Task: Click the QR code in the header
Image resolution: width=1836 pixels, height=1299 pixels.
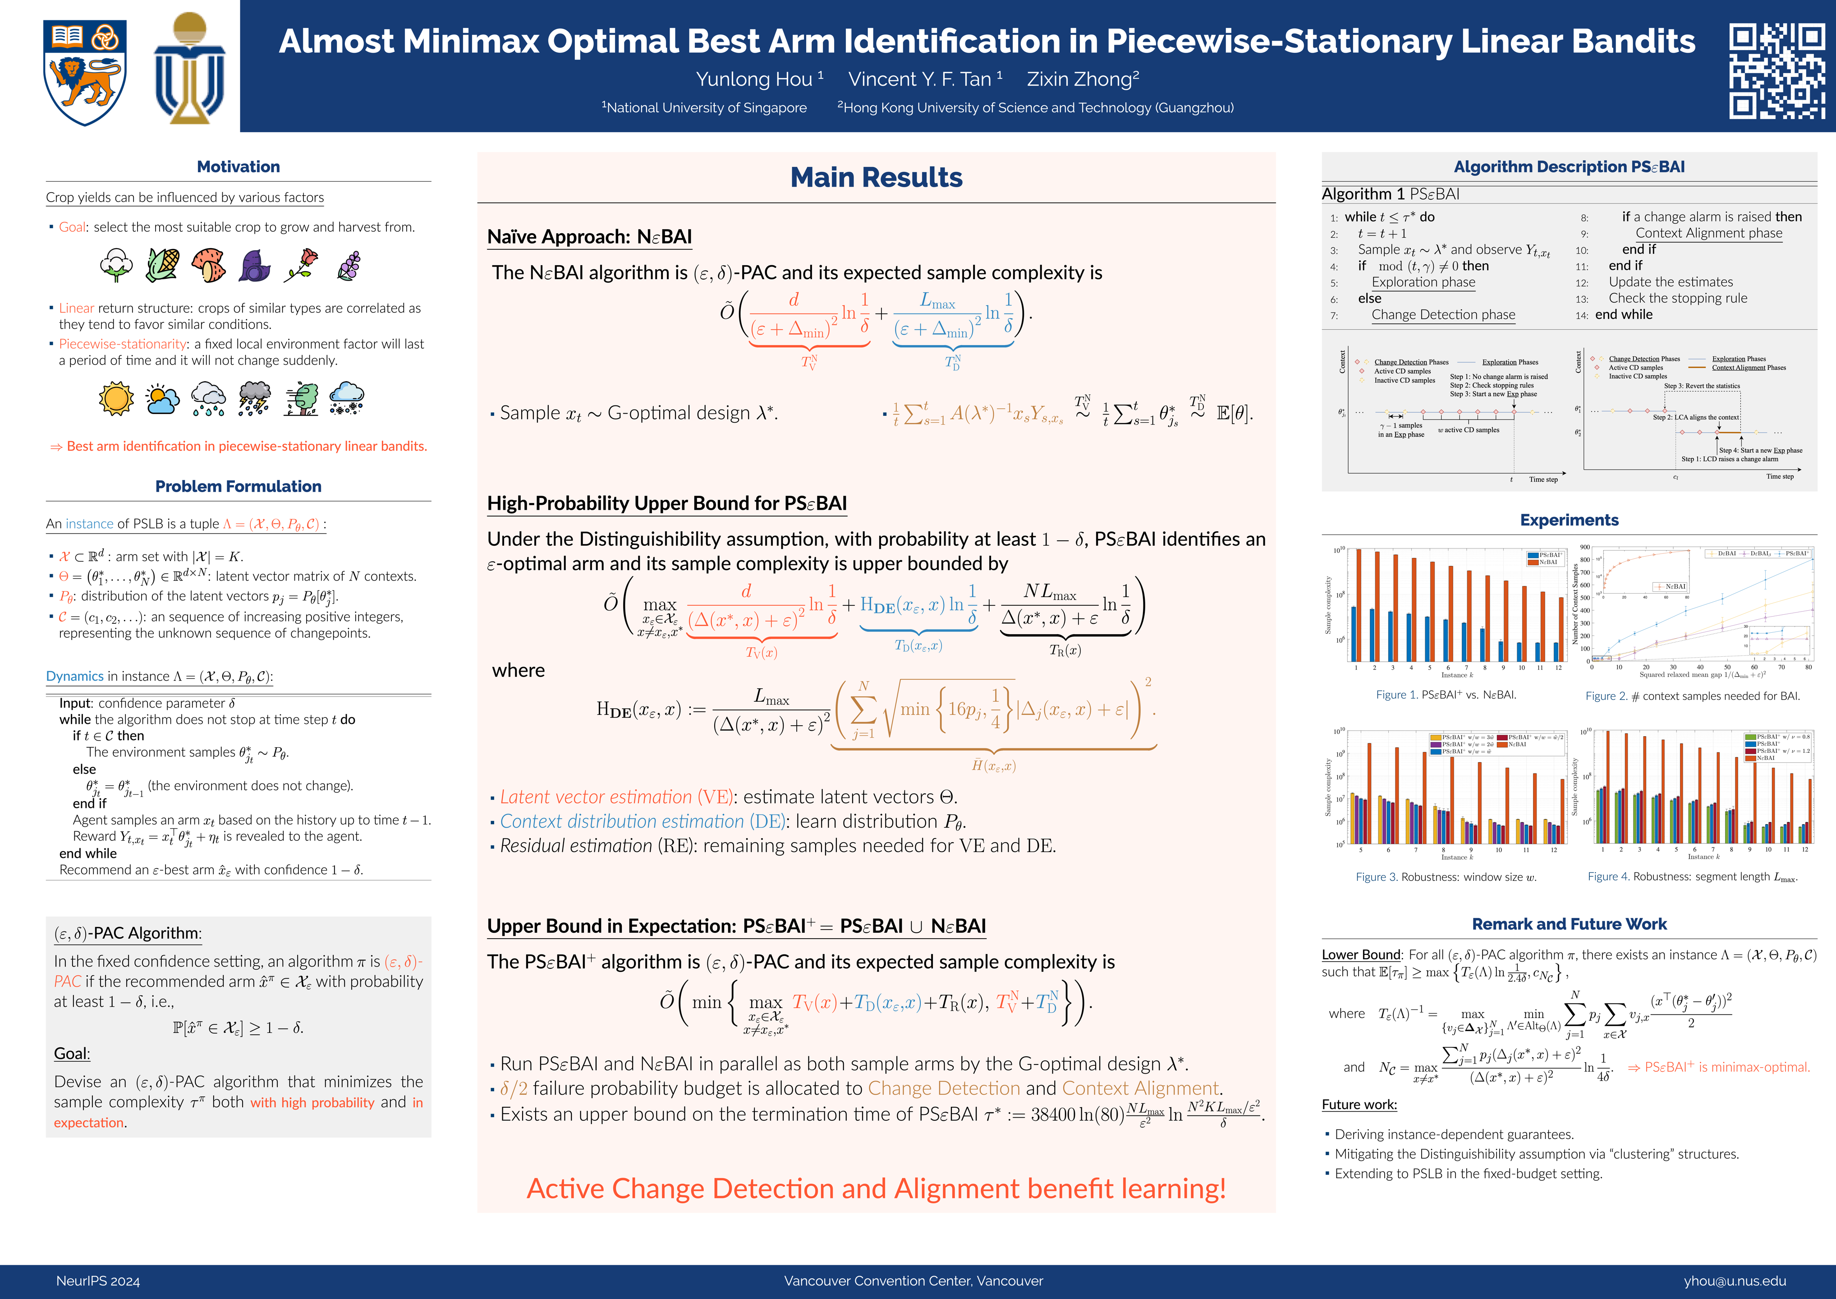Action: (x=1777, y=70)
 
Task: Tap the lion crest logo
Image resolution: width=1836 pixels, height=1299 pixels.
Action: (x=85, y=72)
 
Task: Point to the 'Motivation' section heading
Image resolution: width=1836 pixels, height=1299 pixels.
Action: (x=239, y=166)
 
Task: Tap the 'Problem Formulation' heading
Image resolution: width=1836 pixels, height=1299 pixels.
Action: (x=239, y=486)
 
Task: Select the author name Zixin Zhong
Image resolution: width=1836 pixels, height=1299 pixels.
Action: (x=1082, y=79)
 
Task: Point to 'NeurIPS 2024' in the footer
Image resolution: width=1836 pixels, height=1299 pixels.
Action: (x=97, y=1281)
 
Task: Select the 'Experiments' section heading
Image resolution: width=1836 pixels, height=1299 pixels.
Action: (x=1569, y=520)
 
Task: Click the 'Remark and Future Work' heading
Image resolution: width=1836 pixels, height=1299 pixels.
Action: (x=1569, y=924)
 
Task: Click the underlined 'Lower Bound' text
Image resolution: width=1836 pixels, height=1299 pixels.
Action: (x=1361, y=954)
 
